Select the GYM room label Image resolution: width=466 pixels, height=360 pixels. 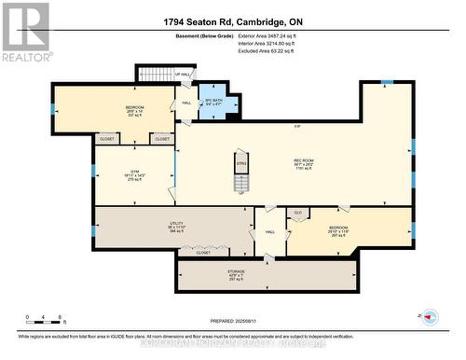pyautogui.click(x=133, y=173)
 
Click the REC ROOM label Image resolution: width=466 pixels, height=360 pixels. pyautogui.click(x=304, y=161)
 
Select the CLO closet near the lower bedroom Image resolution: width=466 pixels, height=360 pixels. pyautogui.click(x=297, y=213)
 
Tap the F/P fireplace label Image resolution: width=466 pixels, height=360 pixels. pyautogui.click(x=297, y=126)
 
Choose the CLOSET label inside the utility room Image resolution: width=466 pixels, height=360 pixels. pyautogui.click(x=203, y=253)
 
